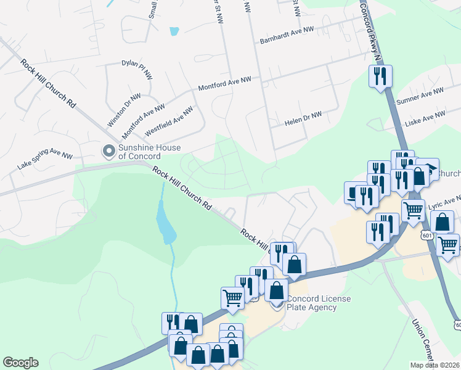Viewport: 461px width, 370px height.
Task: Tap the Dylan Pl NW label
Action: point(137,68)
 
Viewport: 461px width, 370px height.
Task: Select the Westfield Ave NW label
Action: point(168,121)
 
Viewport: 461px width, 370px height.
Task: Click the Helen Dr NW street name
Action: point(303,119)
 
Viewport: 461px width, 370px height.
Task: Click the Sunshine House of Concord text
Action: point(149,152)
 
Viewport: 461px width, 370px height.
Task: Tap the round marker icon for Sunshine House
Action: point(110,150)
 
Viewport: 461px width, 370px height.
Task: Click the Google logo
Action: point(20,363)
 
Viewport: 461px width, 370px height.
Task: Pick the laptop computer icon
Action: point(353,192)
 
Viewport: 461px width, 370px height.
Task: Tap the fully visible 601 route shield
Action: point(427,235)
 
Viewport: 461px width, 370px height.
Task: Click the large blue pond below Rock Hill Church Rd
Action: point(165,224)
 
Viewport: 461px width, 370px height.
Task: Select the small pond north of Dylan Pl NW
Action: point(174,30)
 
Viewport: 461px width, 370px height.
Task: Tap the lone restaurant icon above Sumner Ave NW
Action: point(380,76)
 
